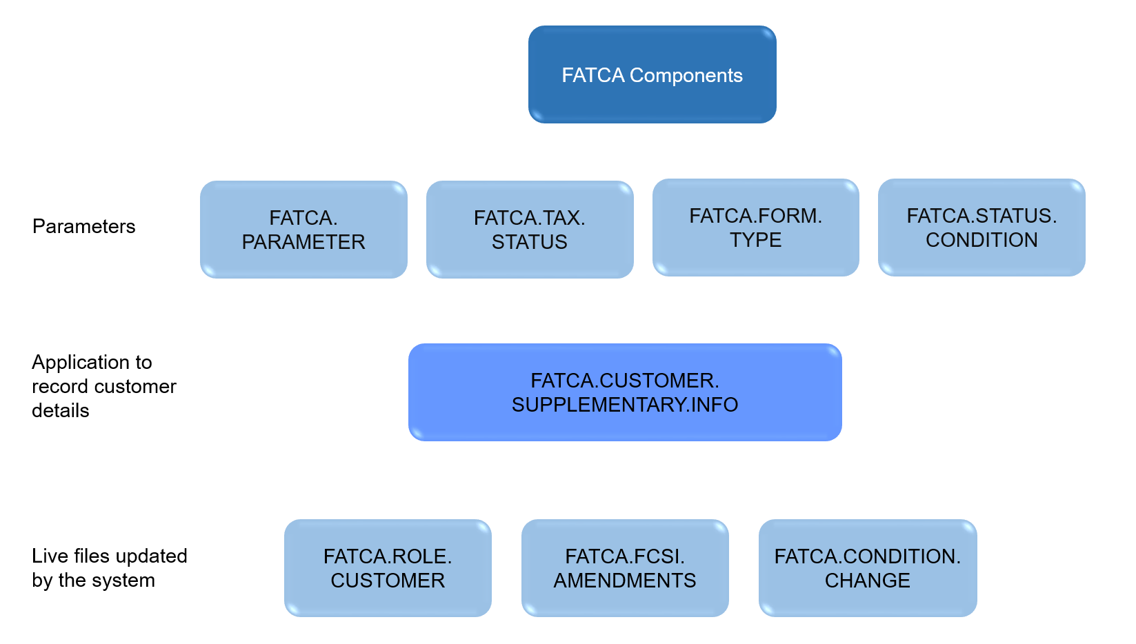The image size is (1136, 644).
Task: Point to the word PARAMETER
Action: pos(303,242)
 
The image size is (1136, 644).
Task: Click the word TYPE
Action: pos(756,240)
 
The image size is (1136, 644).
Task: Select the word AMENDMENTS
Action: pos(625,581)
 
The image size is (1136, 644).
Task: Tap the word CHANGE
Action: pos(868,581)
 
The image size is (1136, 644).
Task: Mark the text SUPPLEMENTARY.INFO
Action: pos(625,405)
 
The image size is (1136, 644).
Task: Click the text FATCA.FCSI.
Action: pos(625,556)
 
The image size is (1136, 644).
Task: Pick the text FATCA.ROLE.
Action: pos(388,556)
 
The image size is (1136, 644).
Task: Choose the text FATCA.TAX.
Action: pos(530,218)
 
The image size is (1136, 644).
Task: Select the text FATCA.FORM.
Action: pos(756,216)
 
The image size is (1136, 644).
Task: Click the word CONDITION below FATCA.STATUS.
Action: pos(981,240)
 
